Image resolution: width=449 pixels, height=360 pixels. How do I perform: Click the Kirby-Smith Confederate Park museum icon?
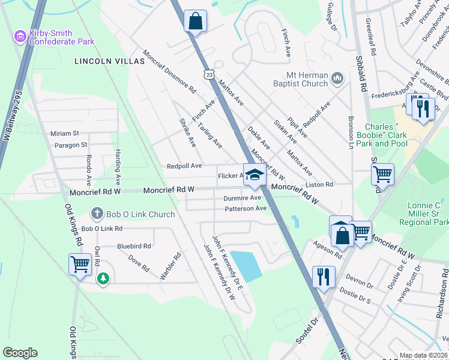coord(20,37)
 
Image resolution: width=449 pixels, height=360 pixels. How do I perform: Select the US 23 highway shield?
coord(208,74)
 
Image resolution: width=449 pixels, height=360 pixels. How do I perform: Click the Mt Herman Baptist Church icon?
coord(337,78)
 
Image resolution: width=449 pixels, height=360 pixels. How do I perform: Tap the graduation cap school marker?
coord(255,175)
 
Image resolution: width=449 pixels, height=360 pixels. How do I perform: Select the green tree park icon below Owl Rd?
coord(104,278)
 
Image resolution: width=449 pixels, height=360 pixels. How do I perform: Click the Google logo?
coord(20,353)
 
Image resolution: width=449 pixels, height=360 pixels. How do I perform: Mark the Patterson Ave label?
coord(246,209)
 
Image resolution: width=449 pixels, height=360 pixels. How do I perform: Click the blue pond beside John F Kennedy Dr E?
coord(247,264)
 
